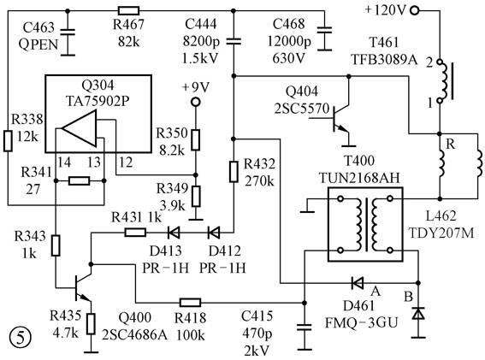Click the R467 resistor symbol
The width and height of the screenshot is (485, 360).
coord(128,11)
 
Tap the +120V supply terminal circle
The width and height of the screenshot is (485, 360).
coord(415,11)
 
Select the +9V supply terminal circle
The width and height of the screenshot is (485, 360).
coord(196,102)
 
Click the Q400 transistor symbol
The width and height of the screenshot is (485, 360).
coord(82,285)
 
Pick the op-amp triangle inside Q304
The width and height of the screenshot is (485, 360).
coord(80,128)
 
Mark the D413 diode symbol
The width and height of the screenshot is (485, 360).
coord(174,233)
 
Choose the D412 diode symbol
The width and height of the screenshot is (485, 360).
coord(214,233)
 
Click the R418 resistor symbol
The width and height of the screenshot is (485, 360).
coord(190,303)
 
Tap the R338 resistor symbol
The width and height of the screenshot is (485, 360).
coord(8,141)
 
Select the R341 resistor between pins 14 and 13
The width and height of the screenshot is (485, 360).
coord(80,180)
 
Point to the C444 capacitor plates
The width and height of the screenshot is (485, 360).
coord(234,41)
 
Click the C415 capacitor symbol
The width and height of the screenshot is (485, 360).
coord(305,328)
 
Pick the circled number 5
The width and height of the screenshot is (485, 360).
coord(21,338)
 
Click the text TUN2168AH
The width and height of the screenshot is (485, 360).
coord(359,178)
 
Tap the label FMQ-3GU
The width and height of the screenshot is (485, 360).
coord(361,323)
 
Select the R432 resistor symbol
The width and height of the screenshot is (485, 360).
coord(234,171)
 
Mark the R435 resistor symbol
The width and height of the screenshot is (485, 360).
coord(91,323)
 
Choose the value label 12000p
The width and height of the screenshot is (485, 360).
coord(289,41)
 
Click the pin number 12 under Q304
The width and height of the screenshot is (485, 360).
coord(126,162)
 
